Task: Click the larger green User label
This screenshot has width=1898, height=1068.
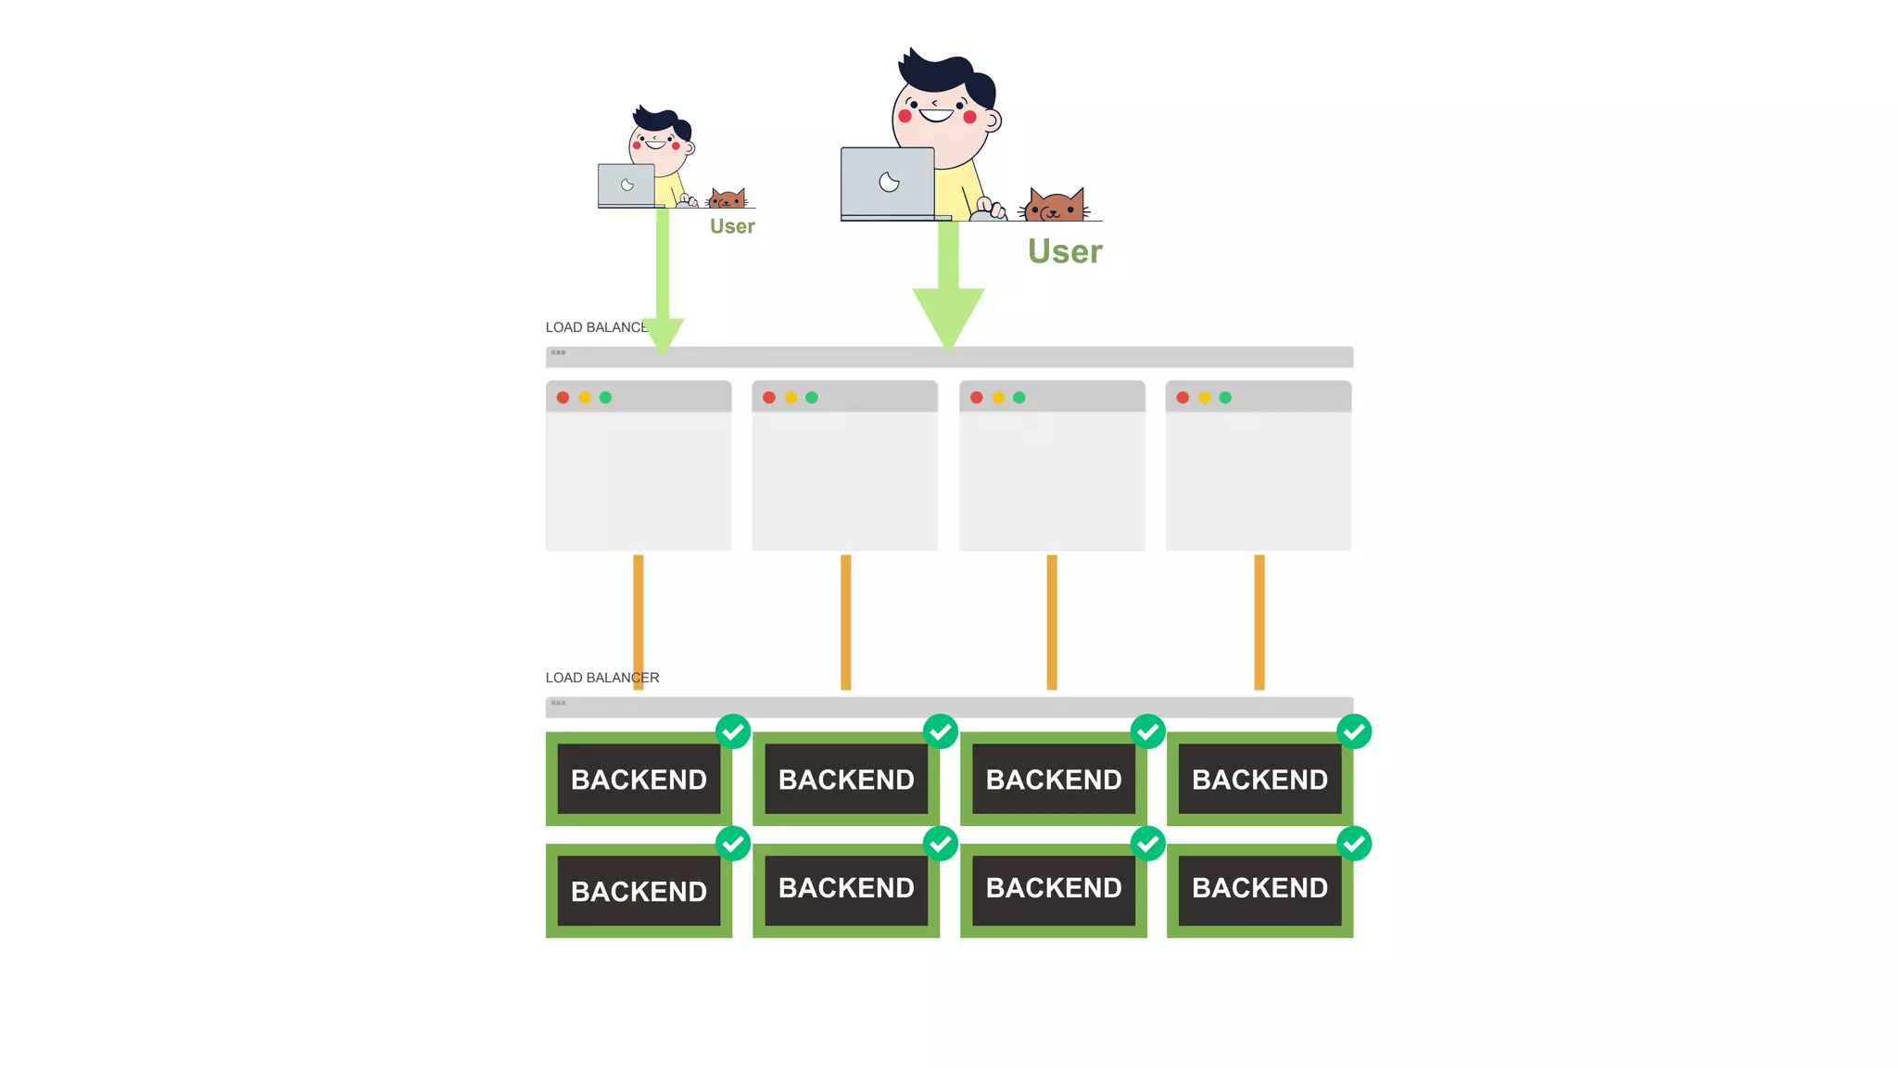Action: coord(1065,251)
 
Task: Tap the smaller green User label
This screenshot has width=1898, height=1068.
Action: coord(732,226)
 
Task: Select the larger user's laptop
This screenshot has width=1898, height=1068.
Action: coord(888,183)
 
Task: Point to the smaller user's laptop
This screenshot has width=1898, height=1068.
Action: coord(626,185)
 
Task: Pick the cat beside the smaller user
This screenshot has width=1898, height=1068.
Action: coord(728,198)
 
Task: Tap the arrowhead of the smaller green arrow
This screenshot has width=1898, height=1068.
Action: coord(663,335)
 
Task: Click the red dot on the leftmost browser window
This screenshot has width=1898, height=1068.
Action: coord(563,398)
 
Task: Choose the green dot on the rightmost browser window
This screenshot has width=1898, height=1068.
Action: coord(1225,398)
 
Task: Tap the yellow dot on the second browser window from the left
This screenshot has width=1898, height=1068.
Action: coord(791,398)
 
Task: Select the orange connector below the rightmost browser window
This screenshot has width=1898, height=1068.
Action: coord(1259,622)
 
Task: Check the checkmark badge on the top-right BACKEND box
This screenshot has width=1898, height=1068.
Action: coord(1354,731)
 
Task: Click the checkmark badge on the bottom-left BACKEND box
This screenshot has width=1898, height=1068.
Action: coord(733,844)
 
